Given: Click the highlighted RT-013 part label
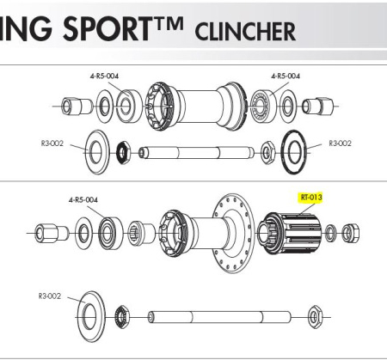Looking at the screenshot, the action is click(311, 198).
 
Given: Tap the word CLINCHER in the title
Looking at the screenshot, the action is click(245, 31).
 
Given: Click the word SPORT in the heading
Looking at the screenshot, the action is click(107, 28).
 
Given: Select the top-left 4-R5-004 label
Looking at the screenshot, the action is click(104, 76).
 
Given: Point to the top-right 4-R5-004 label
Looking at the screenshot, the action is click(286, 76).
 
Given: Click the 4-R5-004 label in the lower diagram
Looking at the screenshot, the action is click(83, 199).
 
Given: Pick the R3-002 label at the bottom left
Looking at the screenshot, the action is click(50, 296).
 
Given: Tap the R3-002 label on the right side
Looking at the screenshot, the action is click(340, 143).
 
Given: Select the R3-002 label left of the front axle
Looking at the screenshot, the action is click(52, 143).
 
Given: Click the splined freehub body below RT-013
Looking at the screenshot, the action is click(289, 233).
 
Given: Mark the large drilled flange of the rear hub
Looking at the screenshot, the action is click(234, 233).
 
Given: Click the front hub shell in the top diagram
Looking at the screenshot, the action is click(195, 107).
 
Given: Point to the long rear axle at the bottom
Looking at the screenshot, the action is click(219, 317).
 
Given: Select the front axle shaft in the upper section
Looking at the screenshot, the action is click(196, 152).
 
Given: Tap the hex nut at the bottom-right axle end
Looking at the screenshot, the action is click(315, 317).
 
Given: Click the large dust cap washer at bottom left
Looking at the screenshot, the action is click(90, 317).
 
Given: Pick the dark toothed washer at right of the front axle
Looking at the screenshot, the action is click(295, 152).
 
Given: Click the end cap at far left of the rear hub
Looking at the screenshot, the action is click(51, 233).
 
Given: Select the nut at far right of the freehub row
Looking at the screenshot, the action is click(351, 233).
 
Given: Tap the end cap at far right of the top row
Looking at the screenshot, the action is click(317, 107).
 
